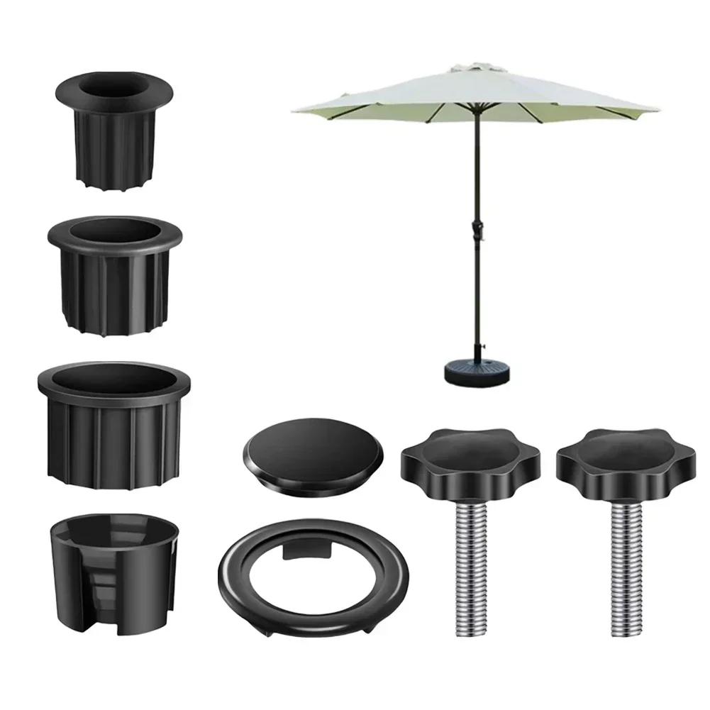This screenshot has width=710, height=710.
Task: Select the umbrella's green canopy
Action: pos(475,96)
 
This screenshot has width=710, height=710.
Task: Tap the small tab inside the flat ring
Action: pos(306,550)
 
